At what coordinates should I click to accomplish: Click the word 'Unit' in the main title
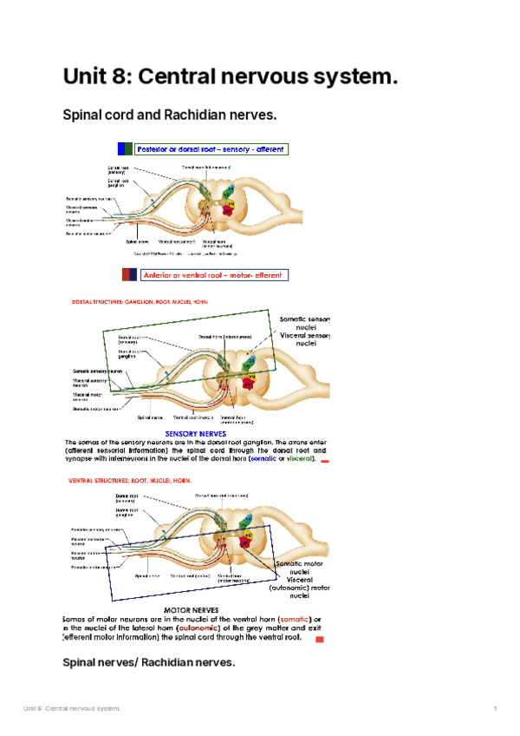pos(87,77)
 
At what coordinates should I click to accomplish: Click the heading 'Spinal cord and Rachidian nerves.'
pos(170,115)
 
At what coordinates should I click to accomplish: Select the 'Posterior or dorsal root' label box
pos(211,149)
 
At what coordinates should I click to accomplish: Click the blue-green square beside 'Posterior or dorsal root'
pos(127,149)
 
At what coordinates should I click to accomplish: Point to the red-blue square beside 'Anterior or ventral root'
pos(128,275)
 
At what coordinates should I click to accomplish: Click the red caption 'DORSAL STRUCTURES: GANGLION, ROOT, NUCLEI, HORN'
pos(139,302)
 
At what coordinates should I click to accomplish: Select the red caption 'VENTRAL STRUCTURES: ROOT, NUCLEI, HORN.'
pos(131,480)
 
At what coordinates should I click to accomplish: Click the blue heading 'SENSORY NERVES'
pos(196,433)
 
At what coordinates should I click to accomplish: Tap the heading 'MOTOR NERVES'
pos(191,609)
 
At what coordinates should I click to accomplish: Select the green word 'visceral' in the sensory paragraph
pos(300,460)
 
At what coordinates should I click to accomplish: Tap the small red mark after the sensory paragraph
pos(325,462)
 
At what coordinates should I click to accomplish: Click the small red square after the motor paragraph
pos(319,640)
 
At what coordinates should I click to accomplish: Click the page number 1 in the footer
pos(495,710)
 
